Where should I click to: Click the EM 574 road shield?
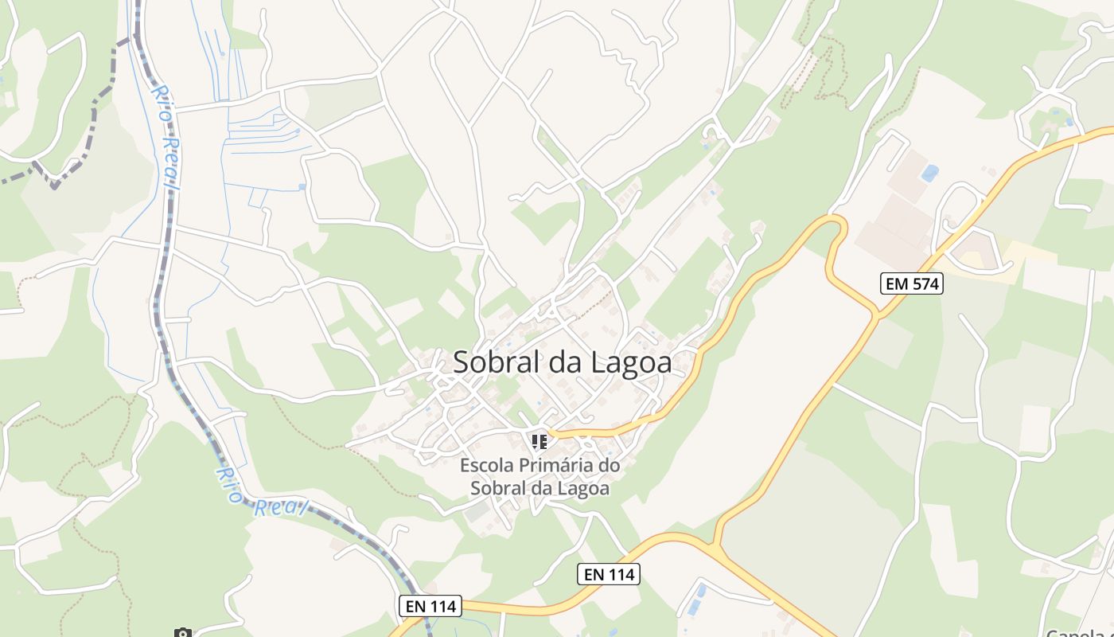click(x=911, y=283)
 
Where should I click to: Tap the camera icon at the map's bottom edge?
click(x=183, y=633)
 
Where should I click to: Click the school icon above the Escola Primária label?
click(x=539, y=440)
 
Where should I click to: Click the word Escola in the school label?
click(x=485, y=465)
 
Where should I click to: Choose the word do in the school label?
click(x=609, y=465)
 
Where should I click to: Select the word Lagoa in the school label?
click(x=584, y=488)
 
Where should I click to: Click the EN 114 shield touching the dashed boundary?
click(x=430, y=606)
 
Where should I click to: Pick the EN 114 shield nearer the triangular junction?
click(x=608, y=573)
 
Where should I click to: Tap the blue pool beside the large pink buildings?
click(x=929, y=172)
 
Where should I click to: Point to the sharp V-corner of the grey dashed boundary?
click(x=54, y=186)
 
